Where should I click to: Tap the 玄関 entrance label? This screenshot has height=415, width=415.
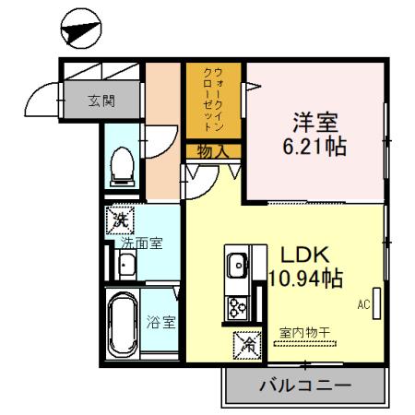point(101,101)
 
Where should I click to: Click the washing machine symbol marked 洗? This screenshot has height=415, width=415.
point(120,219)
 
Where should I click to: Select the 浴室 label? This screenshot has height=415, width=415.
point(162,322)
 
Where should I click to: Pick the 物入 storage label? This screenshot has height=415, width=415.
point(212,151)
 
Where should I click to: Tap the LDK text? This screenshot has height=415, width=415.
point(299,254)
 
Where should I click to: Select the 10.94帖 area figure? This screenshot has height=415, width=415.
point(306,278)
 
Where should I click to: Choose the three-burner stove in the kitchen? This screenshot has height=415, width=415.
point(236,306)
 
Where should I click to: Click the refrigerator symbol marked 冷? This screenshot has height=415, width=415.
point(246,344)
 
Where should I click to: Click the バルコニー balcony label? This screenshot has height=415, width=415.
point(303,385)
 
